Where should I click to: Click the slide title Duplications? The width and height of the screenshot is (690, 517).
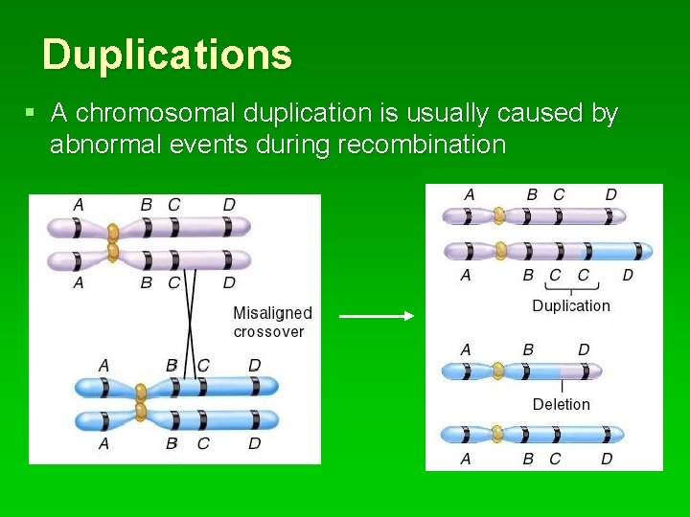tap(167, 55)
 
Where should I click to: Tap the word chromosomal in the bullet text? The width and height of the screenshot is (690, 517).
tap(155, 114)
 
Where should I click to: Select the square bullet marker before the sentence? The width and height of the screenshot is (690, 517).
tap(31, 113)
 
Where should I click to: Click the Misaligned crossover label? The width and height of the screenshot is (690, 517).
tap(272, 323)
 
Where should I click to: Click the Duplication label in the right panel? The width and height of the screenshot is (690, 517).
tap(570, 306)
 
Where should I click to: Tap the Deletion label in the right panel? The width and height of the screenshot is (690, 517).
tap(561, 405)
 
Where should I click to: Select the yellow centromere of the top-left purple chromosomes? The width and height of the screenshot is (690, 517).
tap(113, 241)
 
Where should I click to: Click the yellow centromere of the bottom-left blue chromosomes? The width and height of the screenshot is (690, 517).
tap(141, 402)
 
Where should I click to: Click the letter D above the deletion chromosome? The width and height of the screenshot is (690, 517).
tap(584, 350)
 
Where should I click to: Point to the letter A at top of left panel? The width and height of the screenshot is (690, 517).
tap(79, 204)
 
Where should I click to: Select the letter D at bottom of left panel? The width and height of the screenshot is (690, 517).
tap(254, 444)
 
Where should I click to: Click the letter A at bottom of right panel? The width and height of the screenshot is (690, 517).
tap(466, 460)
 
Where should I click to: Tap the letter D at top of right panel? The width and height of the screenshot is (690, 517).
tap(610, 195)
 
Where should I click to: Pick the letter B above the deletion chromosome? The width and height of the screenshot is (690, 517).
tap(528, 350)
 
